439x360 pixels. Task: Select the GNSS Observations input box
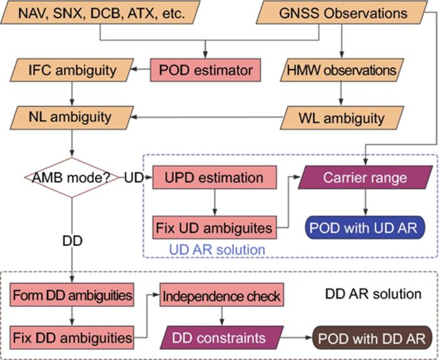point(343,12)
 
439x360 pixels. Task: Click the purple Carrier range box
point(364,177)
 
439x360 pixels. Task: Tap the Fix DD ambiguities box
point(72,338)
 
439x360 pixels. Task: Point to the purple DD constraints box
point(224,338)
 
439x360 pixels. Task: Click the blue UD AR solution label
point(216,250)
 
